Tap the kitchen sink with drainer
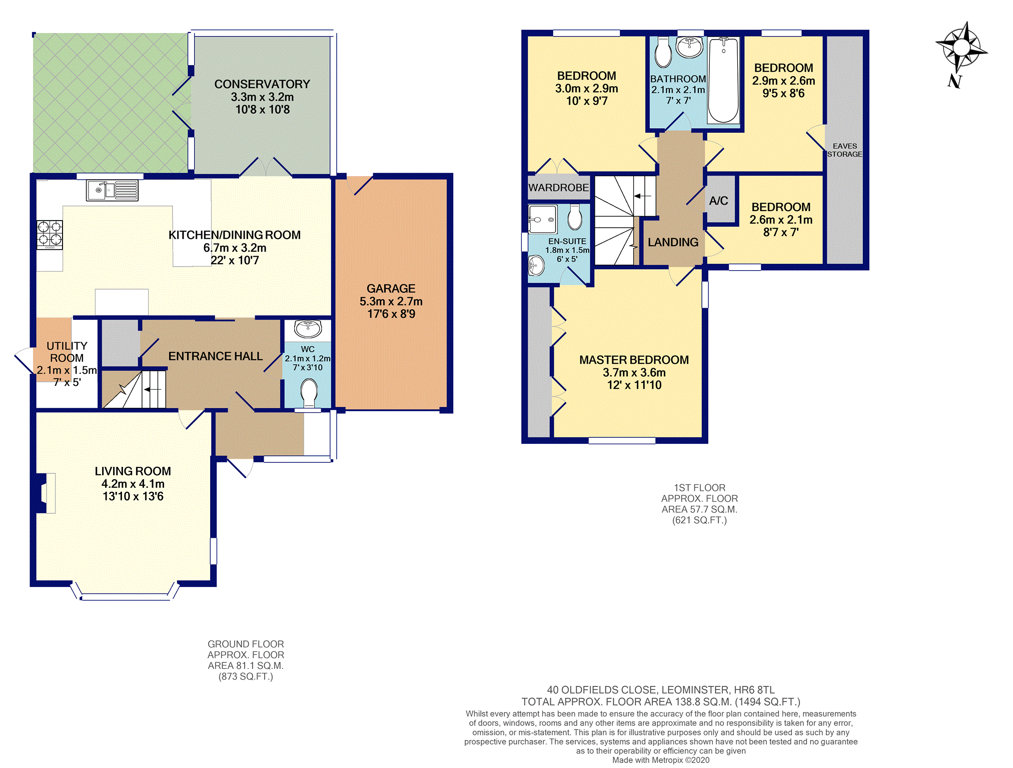(112, 191)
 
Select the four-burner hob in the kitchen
(50, 235)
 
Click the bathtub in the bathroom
(723, 80)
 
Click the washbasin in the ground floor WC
(308, 329)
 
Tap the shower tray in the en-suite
(543, 219)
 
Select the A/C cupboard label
(718, 201)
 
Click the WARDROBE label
(559, 188)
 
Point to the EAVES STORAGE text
(844, 150)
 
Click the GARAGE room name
(391, 289)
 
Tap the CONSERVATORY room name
(262, 84)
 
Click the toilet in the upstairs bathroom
(663, 53)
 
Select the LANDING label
(673, 242)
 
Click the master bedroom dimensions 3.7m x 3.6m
(634, 373)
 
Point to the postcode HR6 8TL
(754, 690)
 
